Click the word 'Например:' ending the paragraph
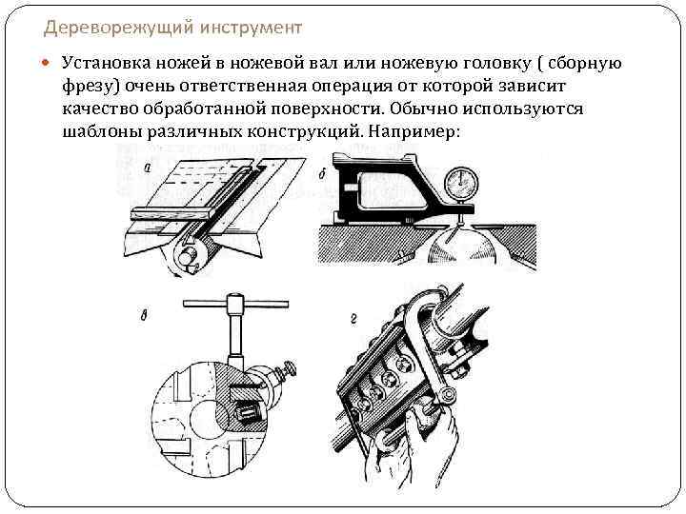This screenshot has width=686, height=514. (411, 131)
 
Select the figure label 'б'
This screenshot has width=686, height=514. (322, 174)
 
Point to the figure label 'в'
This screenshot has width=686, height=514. (143, 316)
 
